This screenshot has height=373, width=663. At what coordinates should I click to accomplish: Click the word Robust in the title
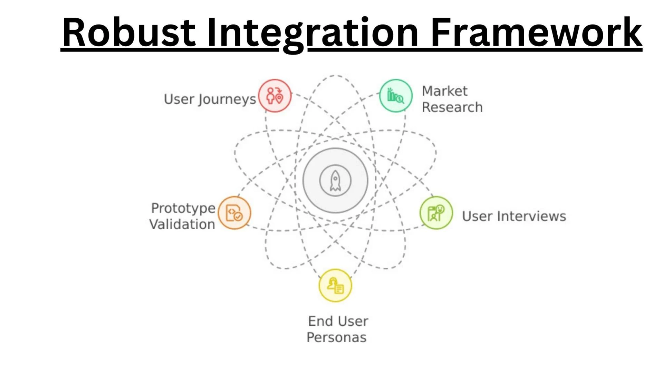pyautogui.click(x=128, y=33)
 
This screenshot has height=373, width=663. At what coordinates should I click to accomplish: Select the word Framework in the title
pyautogui.click(x=536, y=33)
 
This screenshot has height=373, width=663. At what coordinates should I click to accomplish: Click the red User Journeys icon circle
pyautogui.click(x=275, y=96)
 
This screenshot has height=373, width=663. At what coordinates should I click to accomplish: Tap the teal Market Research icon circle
pyautogui.click(x=396, y=96)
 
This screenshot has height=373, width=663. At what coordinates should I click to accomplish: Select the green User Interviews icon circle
pyautogui.click(x=436, y=213)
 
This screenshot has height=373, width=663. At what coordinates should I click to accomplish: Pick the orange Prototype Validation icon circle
pyautogui.click(x=234, y=213)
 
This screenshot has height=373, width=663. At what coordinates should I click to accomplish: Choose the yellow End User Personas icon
pyautogui.click(x=335, y=286)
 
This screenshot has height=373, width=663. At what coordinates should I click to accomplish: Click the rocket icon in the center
pyautogui.click(x=335, y=181)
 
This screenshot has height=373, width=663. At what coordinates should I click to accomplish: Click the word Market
pyautogui.click(x=444, y=91)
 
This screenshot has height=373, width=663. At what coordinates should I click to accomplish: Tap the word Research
pyautogui.click(x=452, y=107)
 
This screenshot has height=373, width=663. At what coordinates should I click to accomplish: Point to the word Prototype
pyautogui.click(x=183, y=208)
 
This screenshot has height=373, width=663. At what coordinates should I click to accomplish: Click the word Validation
pyautogui.click(x=182, y=224)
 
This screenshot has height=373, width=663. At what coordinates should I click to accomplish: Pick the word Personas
pyautogui.click(x=336, y=337)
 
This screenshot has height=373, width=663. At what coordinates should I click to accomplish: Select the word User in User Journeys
pyautogui.click(x=179, y=99)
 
